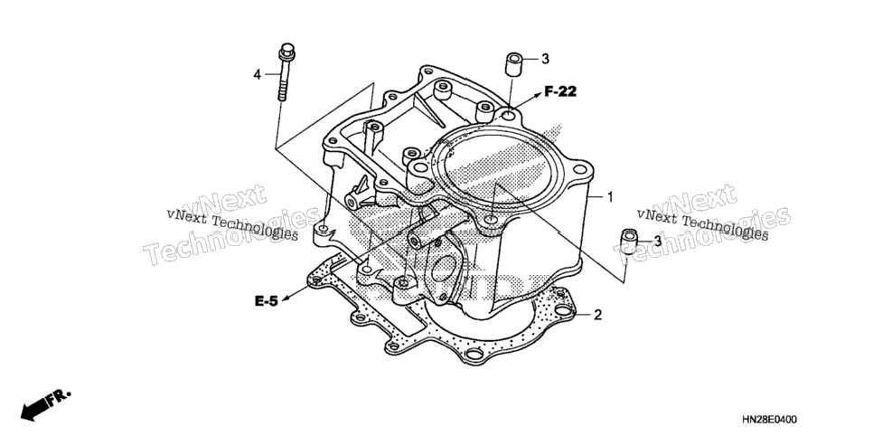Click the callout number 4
pyautogui.click(x=257, y=74)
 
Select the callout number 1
pyautogui.click(x=610, y=197)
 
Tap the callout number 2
pyautogui.click(x=597, y=316)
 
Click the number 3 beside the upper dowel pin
pyautogui.click(x=545, y=59)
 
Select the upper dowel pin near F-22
pyautogui.click(x=514, y=64)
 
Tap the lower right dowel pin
pyautogui.click(x=629, y=242)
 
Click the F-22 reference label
pyautogui.click(x=560, y=92)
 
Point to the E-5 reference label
pyautogui.click(x=266, y=301)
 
